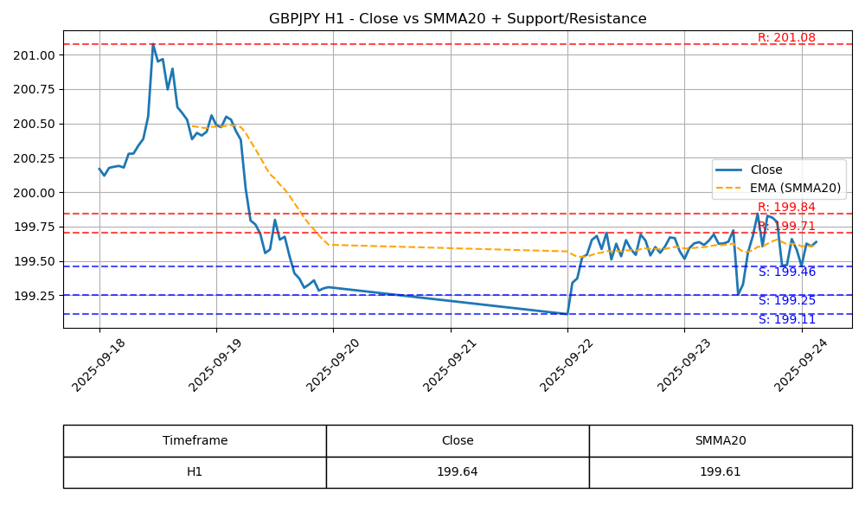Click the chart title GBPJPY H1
(x=458, y=19)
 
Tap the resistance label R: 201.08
(x=786, y=38)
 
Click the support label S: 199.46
(x=786, y=272)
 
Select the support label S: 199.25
(x=786, y=301)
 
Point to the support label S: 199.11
(x=786, y=320)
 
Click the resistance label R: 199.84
(x=786, y=208)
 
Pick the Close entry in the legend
(x=766, y=170)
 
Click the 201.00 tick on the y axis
(x=34, y=55)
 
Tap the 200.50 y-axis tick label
(x=34, y=124)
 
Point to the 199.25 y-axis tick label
(x=34, y=296)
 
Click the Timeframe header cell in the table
(x=195, y=441)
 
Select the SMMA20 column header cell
(x=720, y=441)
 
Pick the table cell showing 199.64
(x=458, y=472)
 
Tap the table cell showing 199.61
(x=720, y=472)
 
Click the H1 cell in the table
(x=195, y=472)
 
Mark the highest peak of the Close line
(x=153, y=44)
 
